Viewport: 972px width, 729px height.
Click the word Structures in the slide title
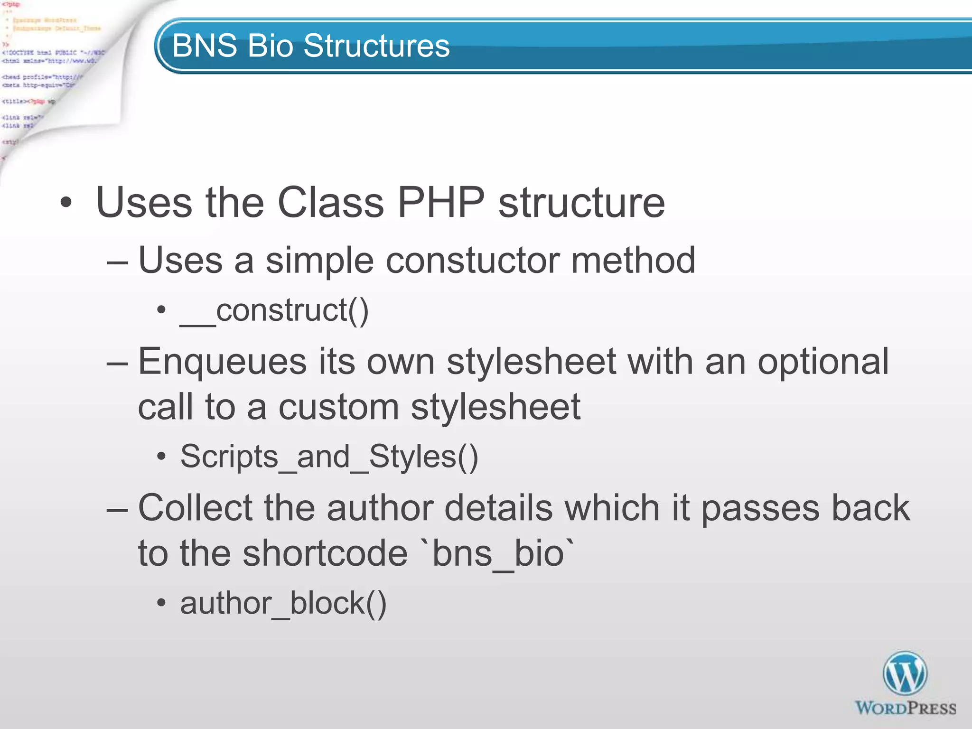[x=376, y=46]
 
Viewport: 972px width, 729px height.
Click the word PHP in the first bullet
[x=441, y=203]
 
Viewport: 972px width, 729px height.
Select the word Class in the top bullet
[x=330, y=203]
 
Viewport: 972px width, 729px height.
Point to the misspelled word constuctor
[x=472, y=261]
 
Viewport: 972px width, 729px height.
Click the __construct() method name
[x=274, y=311]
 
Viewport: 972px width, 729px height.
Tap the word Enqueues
[x=222, y=362]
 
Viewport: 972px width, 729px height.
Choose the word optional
[x=823, y=362]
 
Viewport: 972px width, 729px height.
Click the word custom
[x=338, y=407]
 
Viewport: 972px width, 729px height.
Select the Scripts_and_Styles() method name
[x=329, y=457]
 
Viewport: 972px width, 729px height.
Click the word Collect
[x=195, y=508]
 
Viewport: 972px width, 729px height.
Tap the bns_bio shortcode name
[x=498, y=554]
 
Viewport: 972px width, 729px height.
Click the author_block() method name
[x=283, y=604]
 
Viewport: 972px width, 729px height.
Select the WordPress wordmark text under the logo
[x=905, y=708]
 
